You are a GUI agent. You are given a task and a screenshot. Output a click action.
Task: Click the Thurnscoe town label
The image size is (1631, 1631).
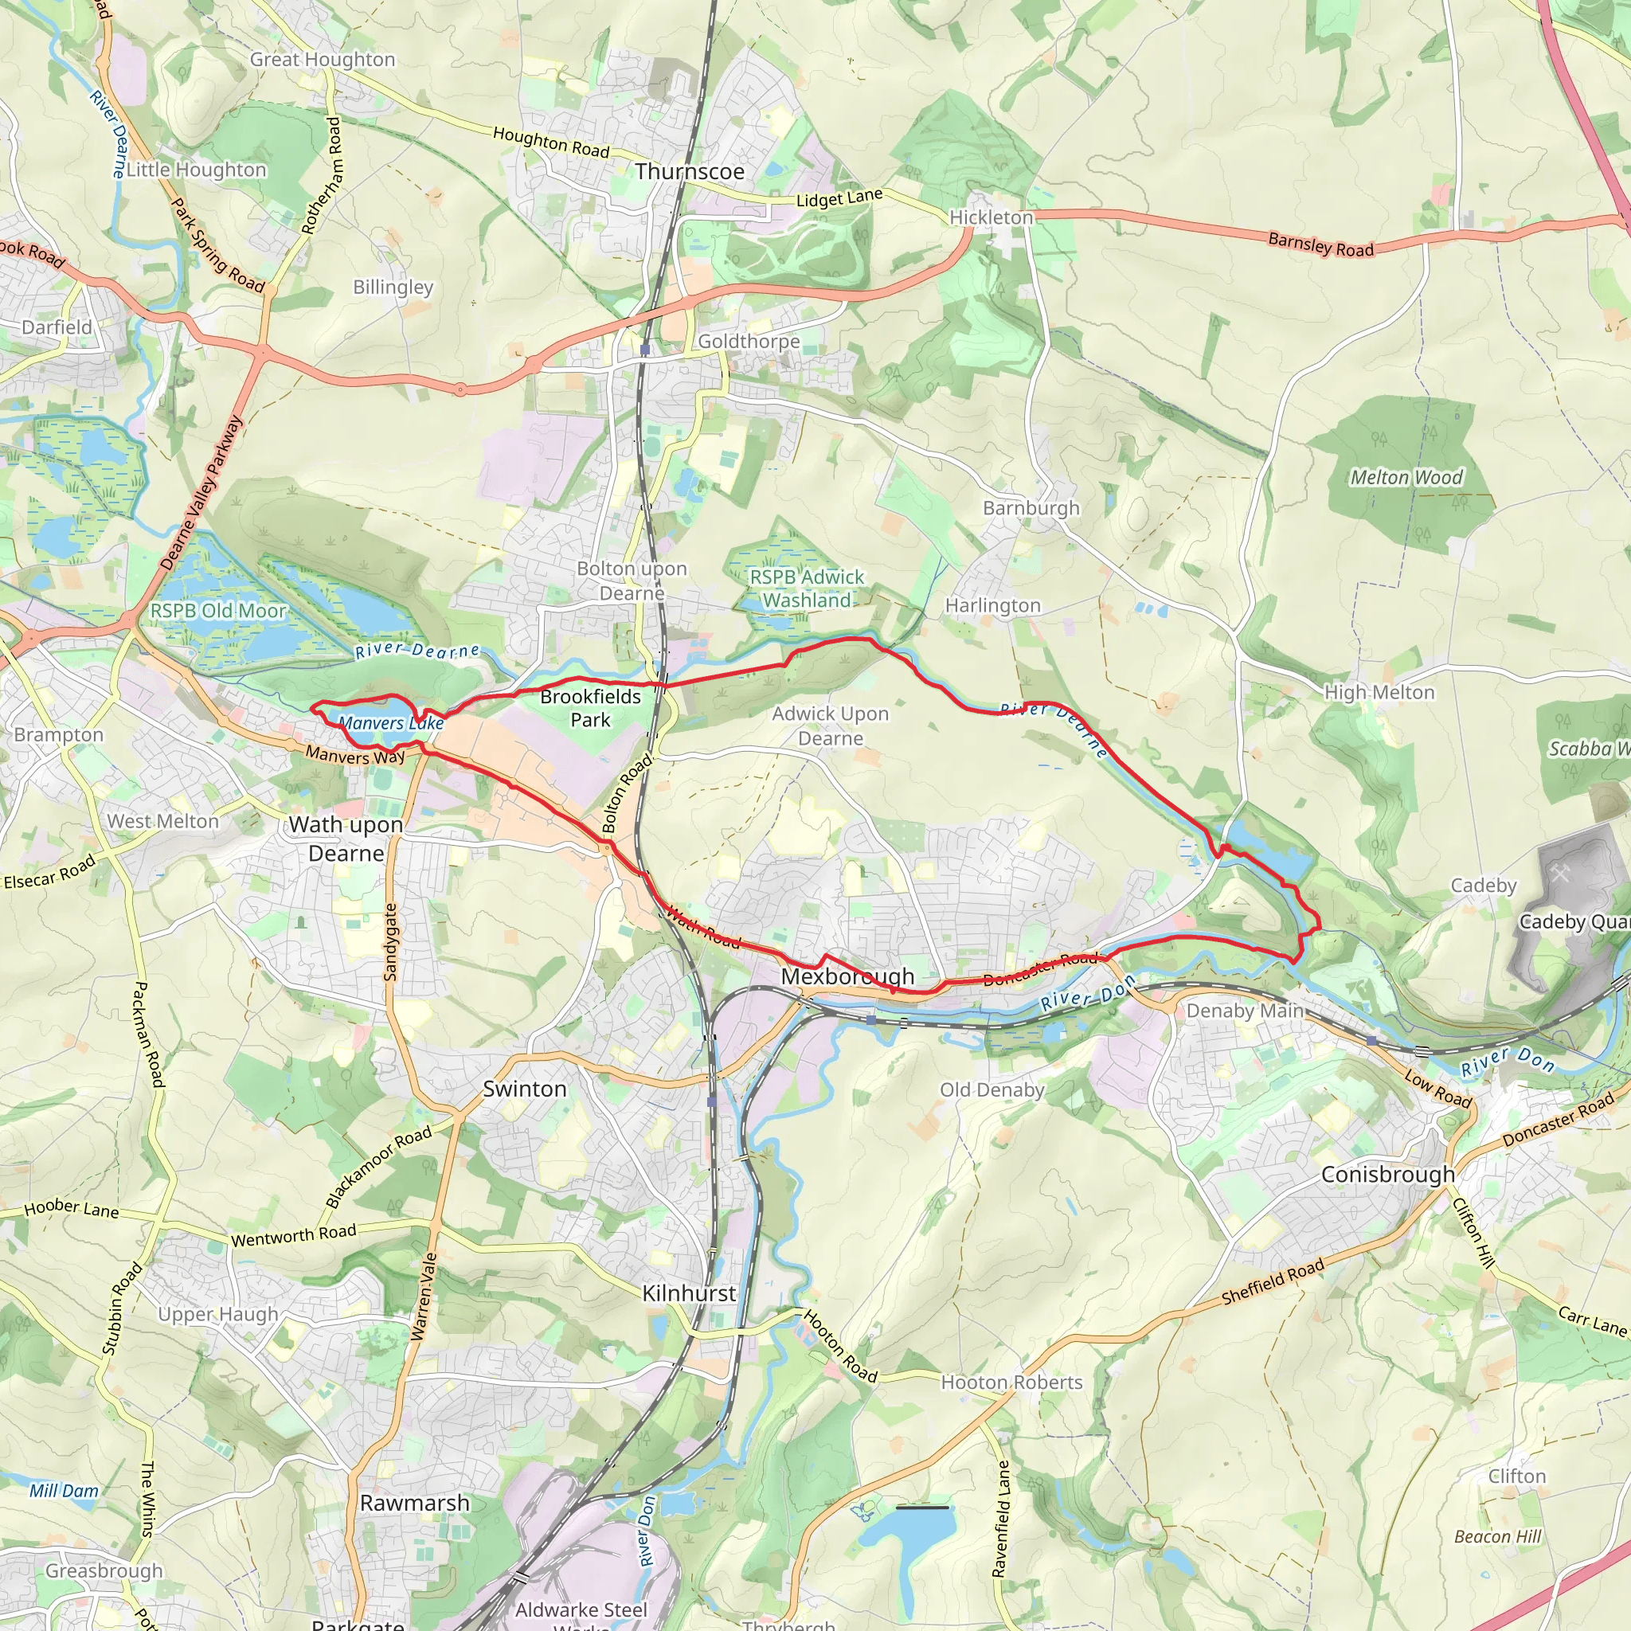coord(690,171)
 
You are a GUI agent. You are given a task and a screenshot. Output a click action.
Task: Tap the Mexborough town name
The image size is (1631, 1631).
coord(847,976)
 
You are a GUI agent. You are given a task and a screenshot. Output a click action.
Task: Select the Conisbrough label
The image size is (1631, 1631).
coord(1388,1175)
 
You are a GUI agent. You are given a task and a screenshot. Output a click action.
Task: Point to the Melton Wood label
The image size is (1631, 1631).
coord(1406,478)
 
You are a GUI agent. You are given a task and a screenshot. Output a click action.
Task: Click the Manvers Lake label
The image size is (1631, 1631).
coord(391,723)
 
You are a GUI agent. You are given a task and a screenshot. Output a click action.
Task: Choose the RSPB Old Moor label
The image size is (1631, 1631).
coord(217,610)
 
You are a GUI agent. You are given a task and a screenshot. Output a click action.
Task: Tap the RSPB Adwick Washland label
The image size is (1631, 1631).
coord(807,589)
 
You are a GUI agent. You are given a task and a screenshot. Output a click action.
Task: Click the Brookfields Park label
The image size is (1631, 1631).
coord(590,708)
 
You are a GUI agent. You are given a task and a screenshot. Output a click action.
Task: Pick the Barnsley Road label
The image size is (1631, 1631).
coord(1320,244)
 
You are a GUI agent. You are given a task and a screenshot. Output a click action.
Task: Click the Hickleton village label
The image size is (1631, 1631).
coord(991,217)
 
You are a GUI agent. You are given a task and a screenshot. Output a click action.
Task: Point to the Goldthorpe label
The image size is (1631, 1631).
coord(749,341)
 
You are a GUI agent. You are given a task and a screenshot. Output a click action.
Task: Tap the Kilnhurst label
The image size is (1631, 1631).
coord(689,1293)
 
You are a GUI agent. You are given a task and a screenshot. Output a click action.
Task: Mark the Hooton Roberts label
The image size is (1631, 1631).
coord(1011,1382)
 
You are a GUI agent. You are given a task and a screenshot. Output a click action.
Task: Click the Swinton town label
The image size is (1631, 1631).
coord(524,1089)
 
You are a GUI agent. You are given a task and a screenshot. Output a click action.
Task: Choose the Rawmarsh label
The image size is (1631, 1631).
coord(414,1503)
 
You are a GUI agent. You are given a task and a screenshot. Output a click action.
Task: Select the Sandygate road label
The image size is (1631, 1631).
coord(390,941)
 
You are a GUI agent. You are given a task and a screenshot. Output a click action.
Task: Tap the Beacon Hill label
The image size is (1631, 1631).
coord(1498,1536)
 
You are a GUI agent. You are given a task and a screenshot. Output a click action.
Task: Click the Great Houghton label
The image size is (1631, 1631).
coord(323,59)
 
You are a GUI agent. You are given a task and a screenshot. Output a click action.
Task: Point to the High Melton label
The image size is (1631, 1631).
coord(1379,692)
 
